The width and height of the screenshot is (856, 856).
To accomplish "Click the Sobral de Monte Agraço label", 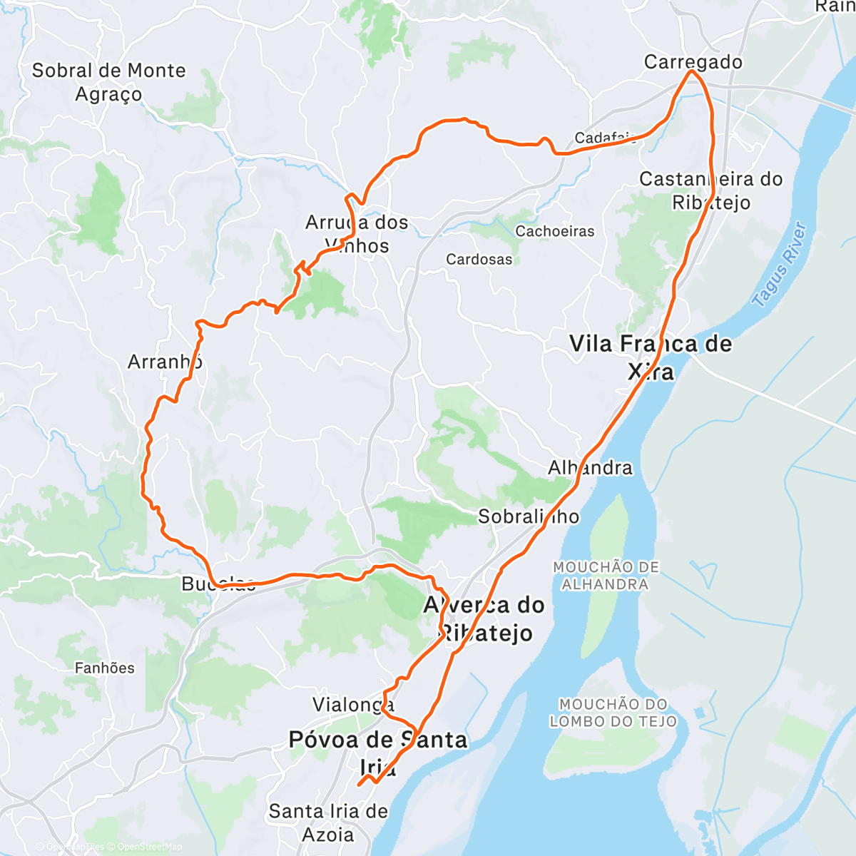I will (108, 82).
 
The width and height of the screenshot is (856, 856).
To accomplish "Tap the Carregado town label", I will (693, 62).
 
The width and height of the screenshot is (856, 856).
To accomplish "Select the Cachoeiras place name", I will (554, 231).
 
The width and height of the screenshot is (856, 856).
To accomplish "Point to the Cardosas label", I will (479, 259).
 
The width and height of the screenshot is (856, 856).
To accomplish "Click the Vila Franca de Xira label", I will (651, 357).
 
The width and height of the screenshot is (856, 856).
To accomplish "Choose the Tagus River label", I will (780, 265).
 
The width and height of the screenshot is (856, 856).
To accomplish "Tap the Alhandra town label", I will (590, 468).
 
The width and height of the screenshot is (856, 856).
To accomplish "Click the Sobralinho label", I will (529, 516).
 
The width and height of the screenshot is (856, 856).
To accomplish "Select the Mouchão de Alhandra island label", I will (606, 576).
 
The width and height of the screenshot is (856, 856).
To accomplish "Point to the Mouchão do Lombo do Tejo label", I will (613, 713).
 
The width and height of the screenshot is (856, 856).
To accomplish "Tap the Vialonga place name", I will (353, 705).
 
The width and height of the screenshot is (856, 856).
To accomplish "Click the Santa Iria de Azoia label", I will (328, 822).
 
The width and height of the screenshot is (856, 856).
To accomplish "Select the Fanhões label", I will (105, 668).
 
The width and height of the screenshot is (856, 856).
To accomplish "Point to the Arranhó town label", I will (165, 362).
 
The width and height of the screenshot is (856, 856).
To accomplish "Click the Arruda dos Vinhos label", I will (357, 234).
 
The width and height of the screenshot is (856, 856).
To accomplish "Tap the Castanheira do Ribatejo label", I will (710, 190).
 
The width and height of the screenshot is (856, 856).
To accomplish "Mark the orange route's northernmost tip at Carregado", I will (691, 71).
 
